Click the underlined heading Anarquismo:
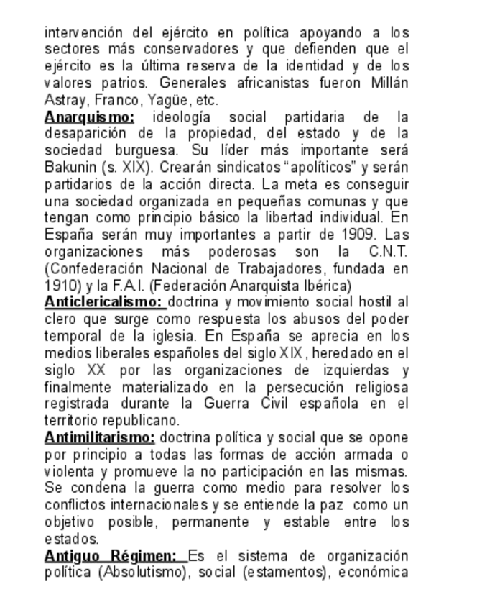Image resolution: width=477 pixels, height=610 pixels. tap(89, 117)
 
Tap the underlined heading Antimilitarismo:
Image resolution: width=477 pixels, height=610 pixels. tap(99, 437)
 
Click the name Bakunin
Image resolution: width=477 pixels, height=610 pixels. tap(68, 167)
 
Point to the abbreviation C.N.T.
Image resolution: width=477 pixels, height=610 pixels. tap(388, 252)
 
